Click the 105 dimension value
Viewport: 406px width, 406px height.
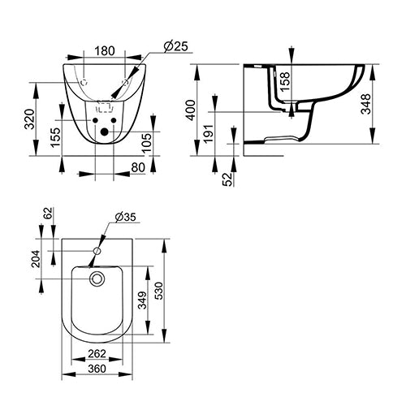146,142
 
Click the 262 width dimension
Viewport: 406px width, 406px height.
97,355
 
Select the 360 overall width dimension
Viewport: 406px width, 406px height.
97,369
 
